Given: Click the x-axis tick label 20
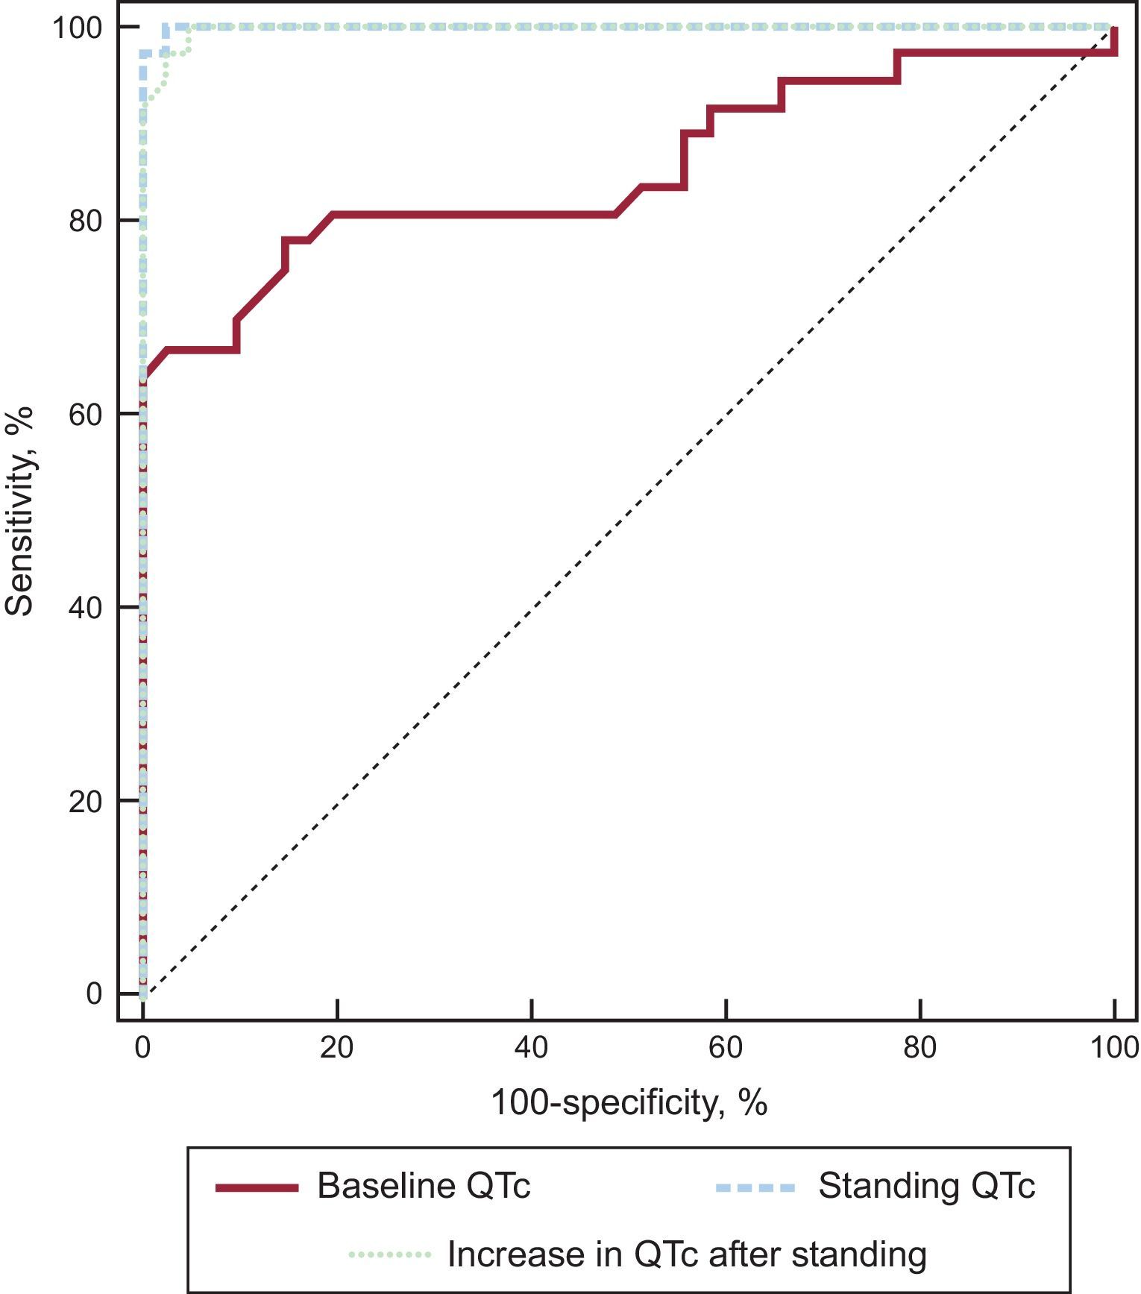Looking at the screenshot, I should (337, 1048).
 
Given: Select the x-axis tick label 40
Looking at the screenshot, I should (531, 1048).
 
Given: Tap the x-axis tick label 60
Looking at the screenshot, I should (726, 1048).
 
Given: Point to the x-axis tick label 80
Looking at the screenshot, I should (920, 1048).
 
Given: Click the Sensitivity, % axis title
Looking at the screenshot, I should (20, 511).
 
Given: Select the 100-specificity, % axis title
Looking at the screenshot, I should (629, 1102).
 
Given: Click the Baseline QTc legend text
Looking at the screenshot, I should (424, 1186).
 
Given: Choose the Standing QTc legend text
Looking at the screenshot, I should (926, 1186).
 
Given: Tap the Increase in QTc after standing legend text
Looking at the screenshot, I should (686, 1254).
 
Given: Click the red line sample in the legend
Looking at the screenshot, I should (257, 1187).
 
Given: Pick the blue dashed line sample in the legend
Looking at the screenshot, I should (755, 1187).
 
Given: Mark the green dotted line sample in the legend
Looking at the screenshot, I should (389, 1255).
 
